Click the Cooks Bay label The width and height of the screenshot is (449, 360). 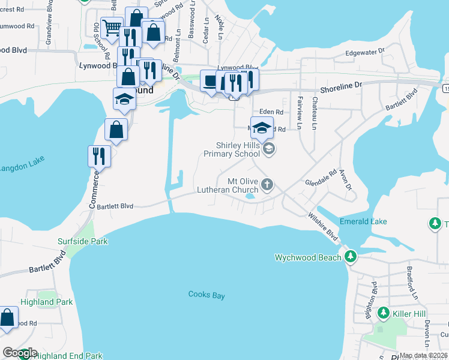pyautogui.click(x=206, y=295)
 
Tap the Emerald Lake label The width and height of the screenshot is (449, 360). pyautogui.click(x=364, y=221)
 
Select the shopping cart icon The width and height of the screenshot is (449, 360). pyautogui.click(x=112, y=27)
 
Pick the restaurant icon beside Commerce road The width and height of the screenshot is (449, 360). pyautogui.click(x=98, y=156)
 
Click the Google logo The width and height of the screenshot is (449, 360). pyautogui.click(x=20, y=353)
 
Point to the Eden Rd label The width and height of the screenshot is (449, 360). pyautogui.click(x=271, y=112)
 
